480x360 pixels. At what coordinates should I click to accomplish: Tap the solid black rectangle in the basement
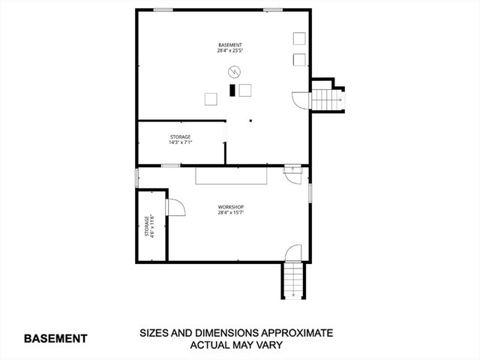pos(232,90)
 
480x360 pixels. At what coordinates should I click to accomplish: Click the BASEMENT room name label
pos(229,46)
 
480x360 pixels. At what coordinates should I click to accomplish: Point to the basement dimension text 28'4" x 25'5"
pos(229,51)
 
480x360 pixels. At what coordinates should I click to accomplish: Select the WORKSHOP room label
pos(231,206)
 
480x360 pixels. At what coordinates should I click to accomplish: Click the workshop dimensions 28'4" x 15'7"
pos(231,212)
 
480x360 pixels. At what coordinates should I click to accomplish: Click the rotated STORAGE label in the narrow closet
pos(147,227)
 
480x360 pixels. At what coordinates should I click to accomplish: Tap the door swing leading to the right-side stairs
pos(298,100)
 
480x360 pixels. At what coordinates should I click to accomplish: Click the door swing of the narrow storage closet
pos(175,207)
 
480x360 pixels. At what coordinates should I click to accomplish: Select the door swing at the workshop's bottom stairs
pos(294,253)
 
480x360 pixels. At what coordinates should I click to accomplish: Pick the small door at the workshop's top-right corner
pos(289,172)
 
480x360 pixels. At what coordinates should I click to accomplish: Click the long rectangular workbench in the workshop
pos(232,175)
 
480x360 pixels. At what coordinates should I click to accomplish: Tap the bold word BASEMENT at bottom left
pos(55,338)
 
